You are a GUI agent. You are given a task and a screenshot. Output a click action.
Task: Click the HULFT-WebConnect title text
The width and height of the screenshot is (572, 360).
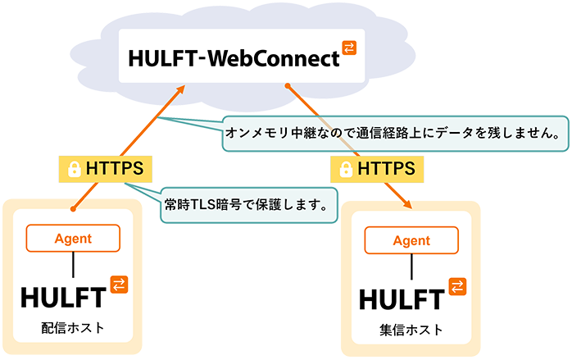tap(233, 58)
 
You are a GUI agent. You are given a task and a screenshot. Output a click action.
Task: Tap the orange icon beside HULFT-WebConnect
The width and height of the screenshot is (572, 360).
tap(350, 48)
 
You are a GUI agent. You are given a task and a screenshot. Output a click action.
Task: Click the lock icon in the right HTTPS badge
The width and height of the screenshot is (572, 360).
tap(345, 170)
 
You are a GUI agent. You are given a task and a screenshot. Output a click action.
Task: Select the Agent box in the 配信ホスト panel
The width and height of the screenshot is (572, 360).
tap(74, 238)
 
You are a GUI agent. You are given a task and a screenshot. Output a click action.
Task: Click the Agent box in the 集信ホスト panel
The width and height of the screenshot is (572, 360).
tap(411, 241)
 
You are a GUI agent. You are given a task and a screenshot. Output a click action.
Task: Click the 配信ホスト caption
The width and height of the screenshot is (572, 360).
tap(74, 328)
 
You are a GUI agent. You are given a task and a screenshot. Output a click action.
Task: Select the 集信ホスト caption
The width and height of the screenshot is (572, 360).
tap(411, 330)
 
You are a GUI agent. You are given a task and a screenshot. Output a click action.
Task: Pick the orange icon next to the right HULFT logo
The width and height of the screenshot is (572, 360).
tap(457, 286)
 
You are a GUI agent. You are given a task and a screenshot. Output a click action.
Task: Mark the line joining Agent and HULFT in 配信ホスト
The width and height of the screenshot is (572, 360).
tap(74, 264)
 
